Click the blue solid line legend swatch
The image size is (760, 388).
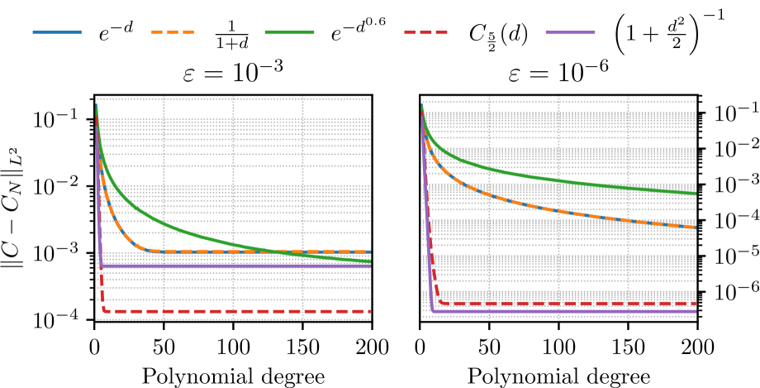(57, 32)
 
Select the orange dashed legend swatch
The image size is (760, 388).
(173, 32)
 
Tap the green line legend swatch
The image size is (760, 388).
(289, 32)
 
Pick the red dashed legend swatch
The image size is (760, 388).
(425, 32)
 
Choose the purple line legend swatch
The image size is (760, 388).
(570, 32)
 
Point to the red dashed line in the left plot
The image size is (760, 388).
(248, 311)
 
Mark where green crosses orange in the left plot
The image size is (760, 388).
(281, 251)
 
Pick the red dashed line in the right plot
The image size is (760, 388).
(578, 303)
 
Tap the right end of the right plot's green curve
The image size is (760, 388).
(696, 193)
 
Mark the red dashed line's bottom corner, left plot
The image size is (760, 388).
(104, 310)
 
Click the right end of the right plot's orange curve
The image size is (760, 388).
(696, 226)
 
